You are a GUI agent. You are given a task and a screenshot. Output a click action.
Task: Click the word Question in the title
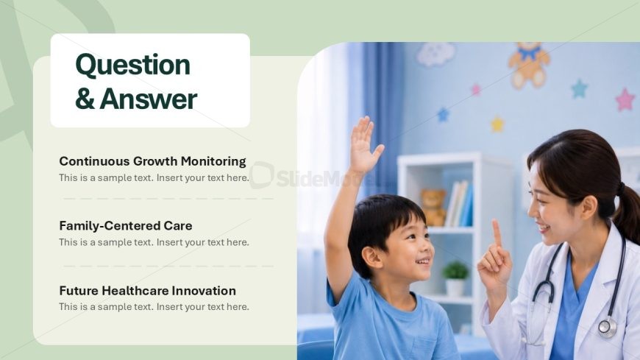(132, 66)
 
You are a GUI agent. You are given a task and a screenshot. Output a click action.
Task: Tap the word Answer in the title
(149, 99)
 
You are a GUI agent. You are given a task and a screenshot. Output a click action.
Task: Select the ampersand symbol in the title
(85, 99)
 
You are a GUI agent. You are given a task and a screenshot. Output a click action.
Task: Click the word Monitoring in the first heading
(213, 161)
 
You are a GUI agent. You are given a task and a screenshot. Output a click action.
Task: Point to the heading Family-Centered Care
(126, 225)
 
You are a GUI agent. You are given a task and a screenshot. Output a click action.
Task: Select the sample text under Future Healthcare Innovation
(154, 306)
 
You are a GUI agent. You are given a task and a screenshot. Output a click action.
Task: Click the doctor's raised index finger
(497, 233)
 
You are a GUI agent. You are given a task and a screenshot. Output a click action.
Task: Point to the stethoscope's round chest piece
(608, 328)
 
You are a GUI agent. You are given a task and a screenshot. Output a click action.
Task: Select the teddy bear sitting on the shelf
(433, 207)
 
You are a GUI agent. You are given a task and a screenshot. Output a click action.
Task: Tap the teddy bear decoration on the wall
(529, 65)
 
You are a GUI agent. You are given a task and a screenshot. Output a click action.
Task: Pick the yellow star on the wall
(497, 124)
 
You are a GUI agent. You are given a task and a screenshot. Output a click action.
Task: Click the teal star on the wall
(579, 88)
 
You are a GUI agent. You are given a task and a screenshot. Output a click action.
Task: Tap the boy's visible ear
(371, 258)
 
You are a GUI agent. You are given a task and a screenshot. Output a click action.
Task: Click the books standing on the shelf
(459, 203)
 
